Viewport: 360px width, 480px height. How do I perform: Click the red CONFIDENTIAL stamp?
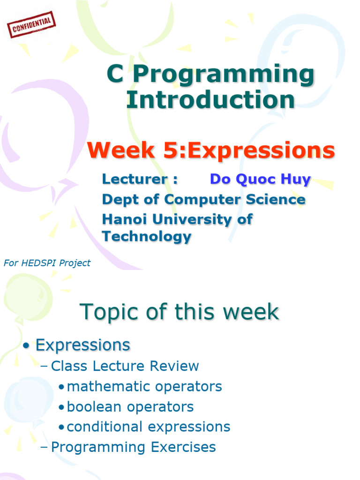[x=31, y=24]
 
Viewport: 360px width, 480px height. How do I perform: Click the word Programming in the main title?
[x=224, y=75]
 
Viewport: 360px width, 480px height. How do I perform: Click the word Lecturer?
[x=135, y=179]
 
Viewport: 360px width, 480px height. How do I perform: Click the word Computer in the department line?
[x=202, y=200]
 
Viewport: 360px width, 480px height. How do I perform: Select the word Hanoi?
[x=124, y=219]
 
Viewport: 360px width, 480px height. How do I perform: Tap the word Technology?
[x=147, y=237]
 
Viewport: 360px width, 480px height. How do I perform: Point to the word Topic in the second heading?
[x=109, y=312]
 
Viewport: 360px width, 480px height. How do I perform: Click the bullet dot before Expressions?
[x=27, y=346]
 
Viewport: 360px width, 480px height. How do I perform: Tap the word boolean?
[x=94, y=407]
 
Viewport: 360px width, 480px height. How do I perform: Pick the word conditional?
[x=105, y=427]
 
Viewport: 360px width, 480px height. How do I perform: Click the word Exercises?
[x=183, y=447]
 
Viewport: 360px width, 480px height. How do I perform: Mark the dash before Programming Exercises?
[x=44, y=447]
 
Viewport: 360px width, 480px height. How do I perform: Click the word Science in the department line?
[x=276, y=199]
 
